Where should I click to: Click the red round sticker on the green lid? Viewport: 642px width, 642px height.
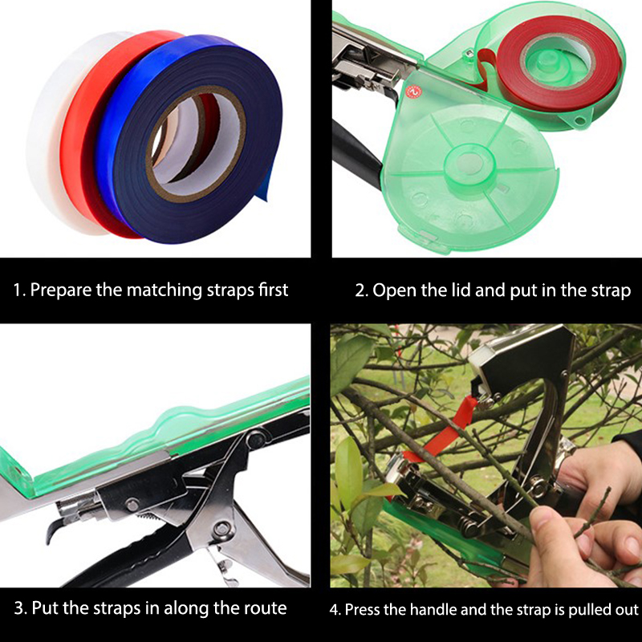412,92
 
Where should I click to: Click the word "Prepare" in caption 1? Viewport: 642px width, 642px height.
61,291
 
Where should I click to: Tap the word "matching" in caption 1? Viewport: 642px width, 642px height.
165,291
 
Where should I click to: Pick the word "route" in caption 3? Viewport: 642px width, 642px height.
266,608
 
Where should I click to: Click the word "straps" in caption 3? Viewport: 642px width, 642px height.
117,608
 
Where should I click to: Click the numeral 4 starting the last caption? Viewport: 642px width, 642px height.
335,610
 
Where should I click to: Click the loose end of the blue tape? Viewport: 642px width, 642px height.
266,186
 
